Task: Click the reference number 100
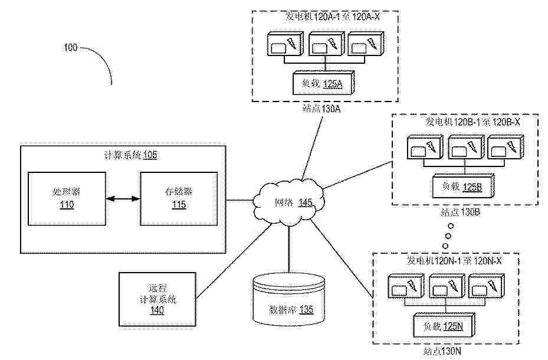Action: point(70,48)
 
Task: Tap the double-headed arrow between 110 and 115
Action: point(123,199)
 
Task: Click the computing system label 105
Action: point(131,155)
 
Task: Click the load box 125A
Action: point(322,84)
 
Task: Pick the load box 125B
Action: point(462,187)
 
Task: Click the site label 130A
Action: point(322,108)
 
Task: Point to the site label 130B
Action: point(461,211)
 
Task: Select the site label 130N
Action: point(442,352)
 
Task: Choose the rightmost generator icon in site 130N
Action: point(487,287)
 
